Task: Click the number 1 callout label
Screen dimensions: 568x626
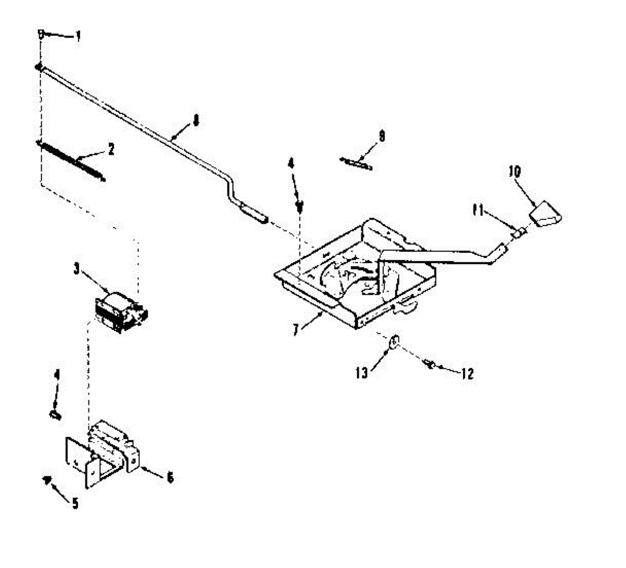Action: (78, 36)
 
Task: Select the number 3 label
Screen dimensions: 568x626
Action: (77, 269)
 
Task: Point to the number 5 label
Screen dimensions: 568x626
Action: (75, 503)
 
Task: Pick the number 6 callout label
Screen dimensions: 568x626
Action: (170, 477)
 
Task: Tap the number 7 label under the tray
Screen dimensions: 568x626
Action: (296, 330)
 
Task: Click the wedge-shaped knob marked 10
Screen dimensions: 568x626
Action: (545, 214)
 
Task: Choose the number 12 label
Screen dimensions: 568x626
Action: (467, 373)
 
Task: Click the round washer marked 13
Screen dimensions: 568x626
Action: (395, 342)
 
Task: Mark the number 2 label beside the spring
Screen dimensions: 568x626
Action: (111, 150)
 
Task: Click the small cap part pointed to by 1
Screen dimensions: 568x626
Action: (40, 34)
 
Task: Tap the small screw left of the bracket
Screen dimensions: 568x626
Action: (55, 415)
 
